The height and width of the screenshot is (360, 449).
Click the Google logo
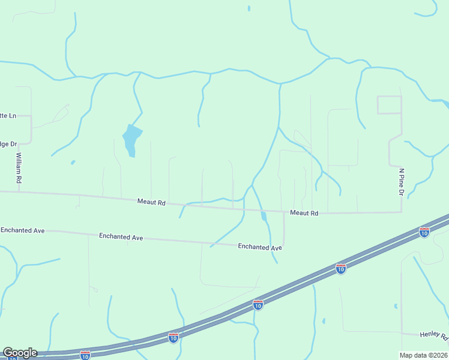point(20,353)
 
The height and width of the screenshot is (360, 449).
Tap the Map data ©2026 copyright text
point(424,355)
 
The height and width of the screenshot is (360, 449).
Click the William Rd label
point(19,167)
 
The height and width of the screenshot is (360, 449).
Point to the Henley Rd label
point(434,335)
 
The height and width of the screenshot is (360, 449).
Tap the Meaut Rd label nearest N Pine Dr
point(304,213)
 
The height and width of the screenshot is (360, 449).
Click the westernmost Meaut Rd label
point(151,203)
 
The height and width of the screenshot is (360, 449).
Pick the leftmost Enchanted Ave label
point(23,230)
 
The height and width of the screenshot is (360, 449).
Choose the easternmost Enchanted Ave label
point(260,247)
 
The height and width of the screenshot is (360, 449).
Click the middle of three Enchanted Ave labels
point(121,237)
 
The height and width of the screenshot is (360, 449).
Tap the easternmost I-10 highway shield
point(424,232)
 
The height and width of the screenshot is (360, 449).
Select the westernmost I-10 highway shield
point(85,355)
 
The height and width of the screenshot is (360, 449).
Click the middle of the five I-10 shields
point(258,305)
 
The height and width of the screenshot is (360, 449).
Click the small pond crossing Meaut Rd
point(264,215)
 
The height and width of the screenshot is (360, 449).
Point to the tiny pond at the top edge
point(249,8)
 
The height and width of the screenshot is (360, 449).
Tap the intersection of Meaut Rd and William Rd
point(19,192)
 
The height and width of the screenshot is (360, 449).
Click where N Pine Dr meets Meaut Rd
point(401,211)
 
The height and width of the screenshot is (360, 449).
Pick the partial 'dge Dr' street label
point(8,144)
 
